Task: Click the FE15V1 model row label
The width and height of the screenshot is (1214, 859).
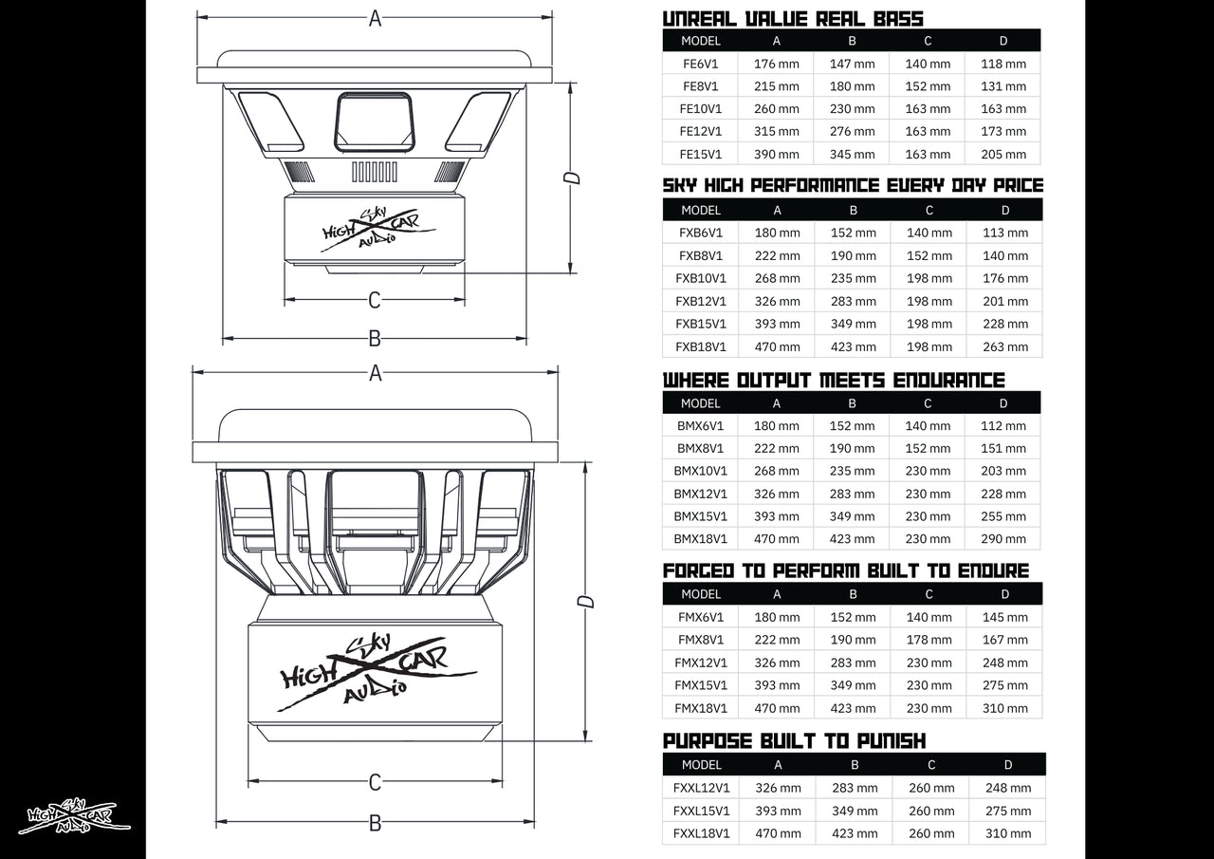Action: point(701,154)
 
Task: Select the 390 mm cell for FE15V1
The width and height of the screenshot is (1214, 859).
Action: point(777,154)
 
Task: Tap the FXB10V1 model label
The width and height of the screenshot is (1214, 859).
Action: point(701,278)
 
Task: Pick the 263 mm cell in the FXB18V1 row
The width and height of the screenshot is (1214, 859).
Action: point(1005,346)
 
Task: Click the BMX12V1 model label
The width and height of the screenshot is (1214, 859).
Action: point(701,494)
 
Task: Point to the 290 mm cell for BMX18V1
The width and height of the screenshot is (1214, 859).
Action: point(1003,538)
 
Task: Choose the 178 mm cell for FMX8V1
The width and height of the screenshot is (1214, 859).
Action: point(929,640)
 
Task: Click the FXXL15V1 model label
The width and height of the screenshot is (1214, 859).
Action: point(701,811)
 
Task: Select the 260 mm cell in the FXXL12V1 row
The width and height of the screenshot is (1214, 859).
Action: point(931,788)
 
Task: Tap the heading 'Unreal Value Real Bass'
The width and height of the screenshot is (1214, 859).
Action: point(793,18)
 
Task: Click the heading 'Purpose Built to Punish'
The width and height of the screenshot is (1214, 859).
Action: point(794,740)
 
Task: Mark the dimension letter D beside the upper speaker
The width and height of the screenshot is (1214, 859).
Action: point(571,177)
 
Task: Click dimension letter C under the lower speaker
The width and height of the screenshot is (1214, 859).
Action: point(375,782)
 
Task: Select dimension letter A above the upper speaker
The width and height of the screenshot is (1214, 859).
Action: point(375,18)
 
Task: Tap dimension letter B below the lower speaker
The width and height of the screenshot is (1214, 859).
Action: point(375,823)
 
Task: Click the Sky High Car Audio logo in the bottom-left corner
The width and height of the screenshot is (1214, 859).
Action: point(74,816)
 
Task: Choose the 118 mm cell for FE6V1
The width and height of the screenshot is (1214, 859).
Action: point(1003,64)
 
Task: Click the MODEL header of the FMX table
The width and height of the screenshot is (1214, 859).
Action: point(701,594)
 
